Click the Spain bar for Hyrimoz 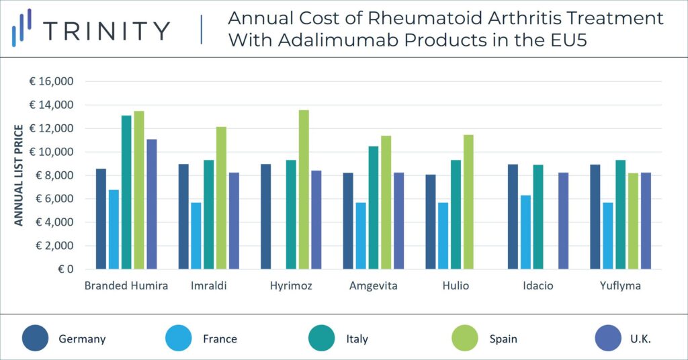pyautogui.click(x=304, y=189)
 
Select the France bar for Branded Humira pyautogui.click(x=114, y=229)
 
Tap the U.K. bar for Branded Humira pyautogui.click(x=151, y=204)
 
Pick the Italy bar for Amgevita pyautogui.click(x=374, y=208)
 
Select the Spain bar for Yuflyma pyautogui.click(x=633, y=221)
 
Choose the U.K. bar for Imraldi pyautogui.click(x=234, y=221)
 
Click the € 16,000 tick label pyautogui.click(x=51, y=81)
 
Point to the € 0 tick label pyautogui.click(x=64, y=269)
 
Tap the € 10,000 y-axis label pyautogui.click(x=51, y=152)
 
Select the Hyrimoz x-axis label pyautogui.click(x=291, y=286)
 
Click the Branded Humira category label pyautogui.click(x=126, y=286)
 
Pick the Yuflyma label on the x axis pyautogui.click(x=620, y=286)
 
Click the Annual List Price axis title pyautogui.click(x=19, y=175)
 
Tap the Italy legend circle pyautogui.click(x=323, y=339)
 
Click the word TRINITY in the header pyautogui.click(x=106, y=31)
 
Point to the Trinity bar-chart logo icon pyautogui.click(x=22, y=28)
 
